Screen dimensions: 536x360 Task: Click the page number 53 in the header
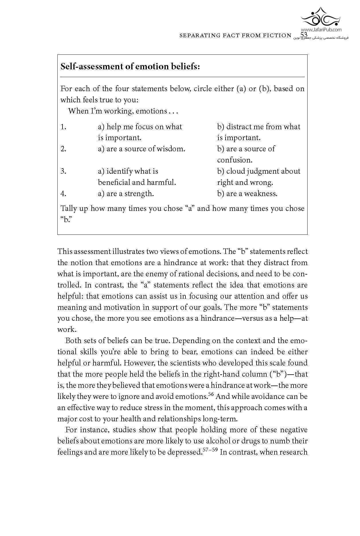point(304,35)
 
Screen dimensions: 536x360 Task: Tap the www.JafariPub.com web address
point(321,30)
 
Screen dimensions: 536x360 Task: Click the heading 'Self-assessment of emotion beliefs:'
point(130,66)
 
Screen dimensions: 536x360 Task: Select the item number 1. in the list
point(63,127)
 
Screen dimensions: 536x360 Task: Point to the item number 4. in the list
point(63,193)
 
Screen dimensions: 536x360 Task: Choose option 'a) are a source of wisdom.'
point(142,149)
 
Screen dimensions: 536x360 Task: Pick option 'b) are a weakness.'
point(247,193)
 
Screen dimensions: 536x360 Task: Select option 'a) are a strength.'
point(126,193)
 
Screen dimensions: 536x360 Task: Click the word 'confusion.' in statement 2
point(234,160)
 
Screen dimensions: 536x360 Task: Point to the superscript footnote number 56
point(211,394)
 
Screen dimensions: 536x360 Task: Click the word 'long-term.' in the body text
point(220,419)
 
